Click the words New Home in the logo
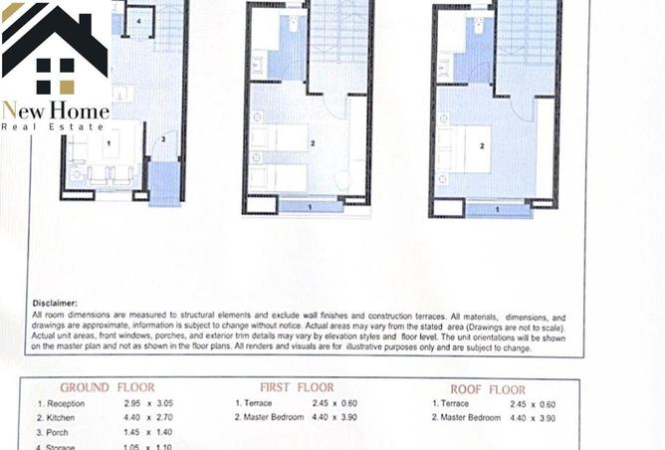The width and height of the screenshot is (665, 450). pos(55,109)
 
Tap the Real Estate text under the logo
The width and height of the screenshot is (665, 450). pos(55,126)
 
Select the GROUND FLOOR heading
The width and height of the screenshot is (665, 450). pos(107,387)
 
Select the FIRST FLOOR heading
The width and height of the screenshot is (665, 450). pos(297,387)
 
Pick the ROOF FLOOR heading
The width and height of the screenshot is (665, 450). pos(488,388)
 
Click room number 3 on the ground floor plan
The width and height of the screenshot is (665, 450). pos(163,140)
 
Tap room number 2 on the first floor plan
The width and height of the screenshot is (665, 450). pos(314,143)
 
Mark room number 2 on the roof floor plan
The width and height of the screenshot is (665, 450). pos(483,146)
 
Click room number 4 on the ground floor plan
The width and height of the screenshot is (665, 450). pos(139,20)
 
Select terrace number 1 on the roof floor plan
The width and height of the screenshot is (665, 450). pos(499,210)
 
